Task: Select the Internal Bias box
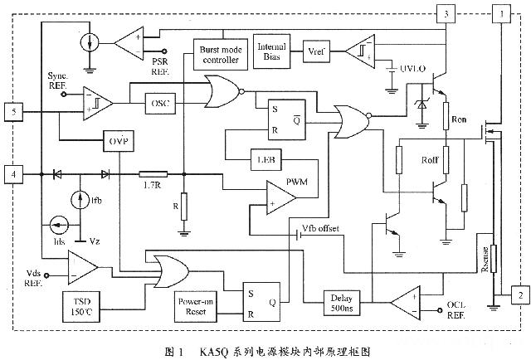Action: click(272, 51)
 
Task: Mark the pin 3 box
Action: click(446, 14)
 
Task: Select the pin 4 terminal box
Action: click(13, 174)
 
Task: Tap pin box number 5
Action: click(13, 110)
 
